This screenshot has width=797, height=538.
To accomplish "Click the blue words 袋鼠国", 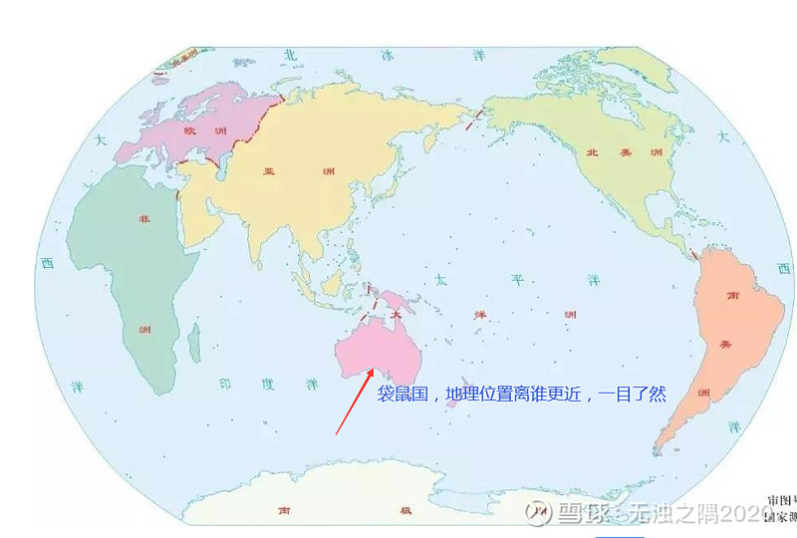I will [401, 395].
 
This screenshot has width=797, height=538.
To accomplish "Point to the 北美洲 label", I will [613, 152].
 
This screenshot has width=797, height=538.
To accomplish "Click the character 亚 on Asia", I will [268, 171].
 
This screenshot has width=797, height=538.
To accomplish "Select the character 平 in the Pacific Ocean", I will [515, 281].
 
